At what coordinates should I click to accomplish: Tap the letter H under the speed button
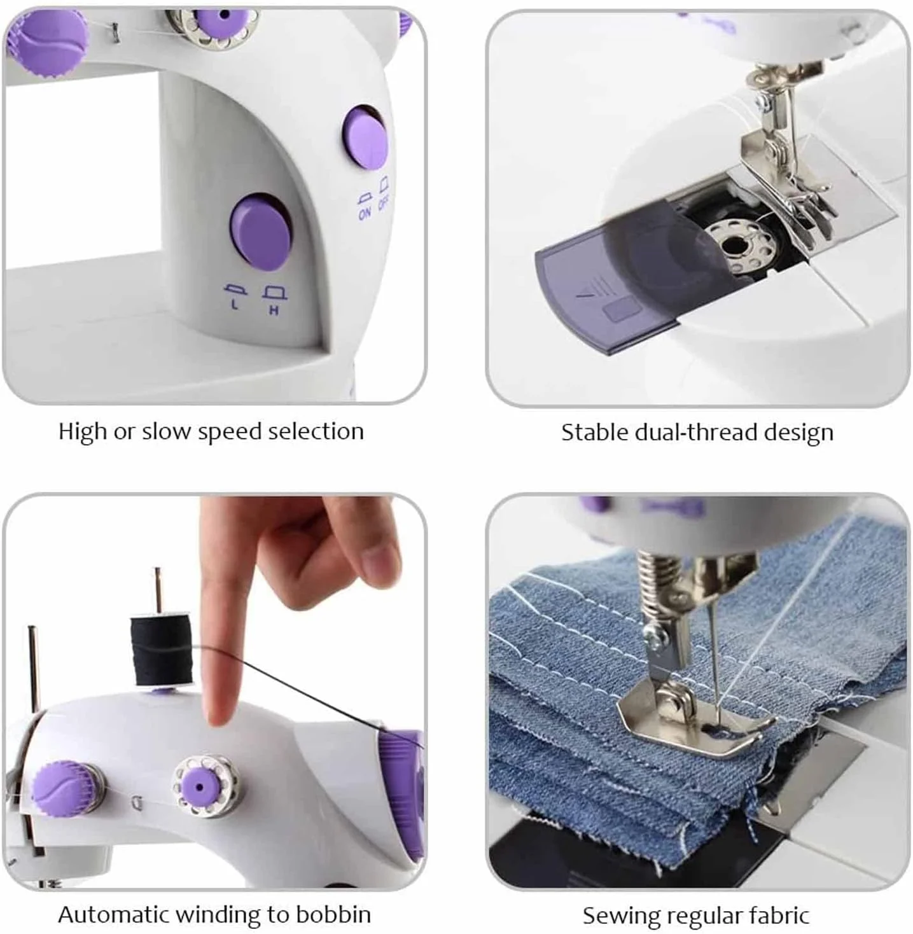(274, 310)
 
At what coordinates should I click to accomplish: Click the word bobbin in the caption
(333, 914)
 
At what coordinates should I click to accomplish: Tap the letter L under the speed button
(235, 304)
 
